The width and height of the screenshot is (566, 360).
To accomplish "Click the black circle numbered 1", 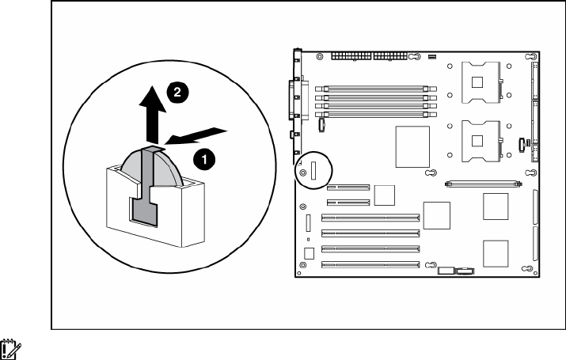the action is coord(204,159).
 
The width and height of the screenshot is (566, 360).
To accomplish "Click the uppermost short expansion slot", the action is coord(348,189).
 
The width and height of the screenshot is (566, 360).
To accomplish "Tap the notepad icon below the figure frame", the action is coord(11,347).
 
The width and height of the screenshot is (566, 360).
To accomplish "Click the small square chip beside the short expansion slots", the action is coord(384,195).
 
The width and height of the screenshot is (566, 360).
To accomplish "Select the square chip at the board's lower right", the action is coord(496,252).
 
